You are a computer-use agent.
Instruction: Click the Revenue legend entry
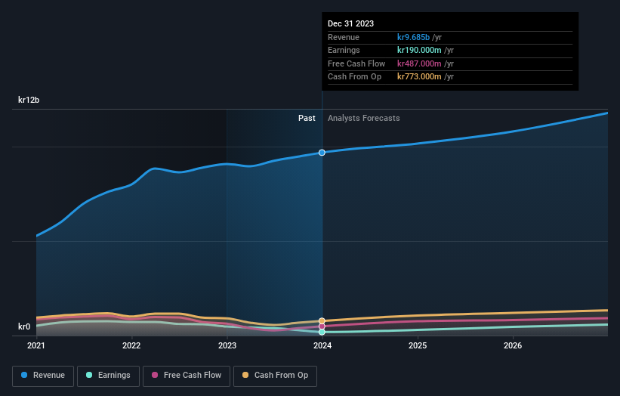(43, 375)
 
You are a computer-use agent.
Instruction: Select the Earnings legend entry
(108, 375)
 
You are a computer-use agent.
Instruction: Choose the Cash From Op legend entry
(276, 375)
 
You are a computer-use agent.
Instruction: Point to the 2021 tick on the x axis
(36, 346)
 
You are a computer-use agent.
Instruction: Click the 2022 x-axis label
(131, 346)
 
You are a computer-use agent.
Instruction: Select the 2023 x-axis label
(227, 346)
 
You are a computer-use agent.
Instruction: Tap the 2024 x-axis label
(322, 346)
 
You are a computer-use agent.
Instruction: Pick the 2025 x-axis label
(418, 346)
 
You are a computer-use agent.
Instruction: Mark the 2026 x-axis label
(513, 346)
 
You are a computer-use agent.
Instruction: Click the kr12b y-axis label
(29, 100)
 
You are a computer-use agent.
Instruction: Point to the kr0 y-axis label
(24, 326)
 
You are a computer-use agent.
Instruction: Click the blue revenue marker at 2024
(322, 153)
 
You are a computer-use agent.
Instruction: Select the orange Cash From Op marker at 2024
(322, 321)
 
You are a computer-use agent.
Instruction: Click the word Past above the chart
(307, 118)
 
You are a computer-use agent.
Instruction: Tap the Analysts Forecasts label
(363, 118)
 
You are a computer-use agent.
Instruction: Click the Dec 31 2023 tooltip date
(350, 24)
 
